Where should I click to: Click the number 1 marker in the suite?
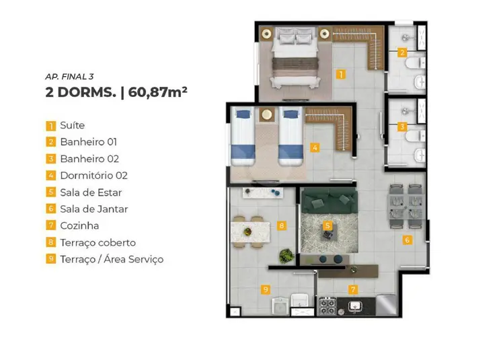coord(341,75)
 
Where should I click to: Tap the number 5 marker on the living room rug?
coord(328,226)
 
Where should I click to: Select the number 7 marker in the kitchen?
coord(353,289)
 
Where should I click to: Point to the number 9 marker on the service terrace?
coord(266,289)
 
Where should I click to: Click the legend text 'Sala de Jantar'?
coord(94,209)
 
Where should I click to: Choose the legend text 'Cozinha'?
coord(79,225)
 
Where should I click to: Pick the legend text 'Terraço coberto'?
coord(98,242)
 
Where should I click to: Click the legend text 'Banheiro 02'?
coord(89,159)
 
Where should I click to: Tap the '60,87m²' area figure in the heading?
coord(157,92)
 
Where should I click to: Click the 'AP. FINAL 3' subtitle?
coord(69,77)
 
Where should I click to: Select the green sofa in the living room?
coord(330,201)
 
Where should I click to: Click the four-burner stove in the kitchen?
coord(327,306)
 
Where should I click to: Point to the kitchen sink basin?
coord(354,306)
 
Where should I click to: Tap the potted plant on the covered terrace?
coord(286,256)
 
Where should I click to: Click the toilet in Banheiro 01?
coord(415,64)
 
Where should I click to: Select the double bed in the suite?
coord(295,58)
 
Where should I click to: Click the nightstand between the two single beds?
coord(266,114)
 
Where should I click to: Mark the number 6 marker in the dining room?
coord(407,240)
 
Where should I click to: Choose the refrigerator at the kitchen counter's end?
coord(386,305)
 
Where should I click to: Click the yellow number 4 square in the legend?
coord(50,176)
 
